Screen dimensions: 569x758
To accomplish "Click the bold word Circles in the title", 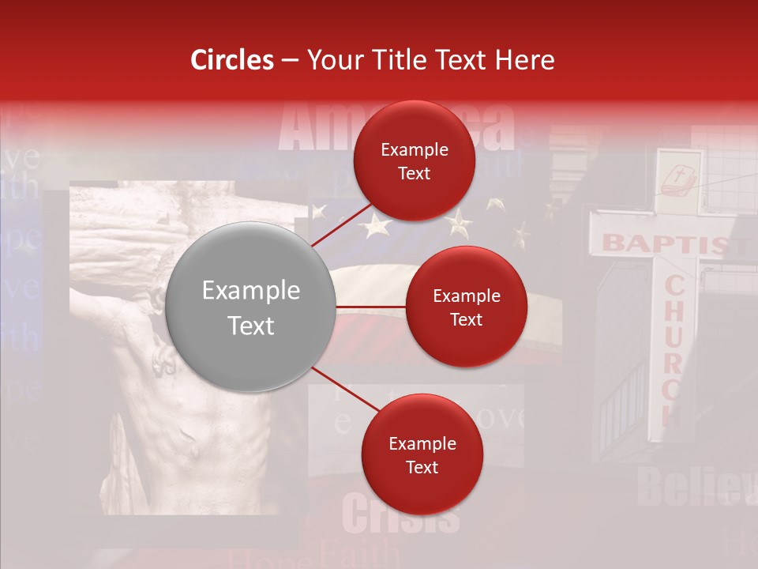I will (232, 60).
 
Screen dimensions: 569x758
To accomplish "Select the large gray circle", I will (251, 307).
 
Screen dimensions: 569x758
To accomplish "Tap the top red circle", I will (414, 160).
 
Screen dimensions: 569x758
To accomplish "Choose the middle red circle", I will (466, 307).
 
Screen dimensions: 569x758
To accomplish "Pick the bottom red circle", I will (422, 454).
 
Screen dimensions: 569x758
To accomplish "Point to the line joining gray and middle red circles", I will (371, 307).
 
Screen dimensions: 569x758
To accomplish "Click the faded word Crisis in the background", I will (400, 514).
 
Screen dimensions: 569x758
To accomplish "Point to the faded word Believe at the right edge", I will (691, 486).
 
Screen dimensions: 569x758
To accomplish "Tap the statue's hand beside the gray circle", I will (167, 360).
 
